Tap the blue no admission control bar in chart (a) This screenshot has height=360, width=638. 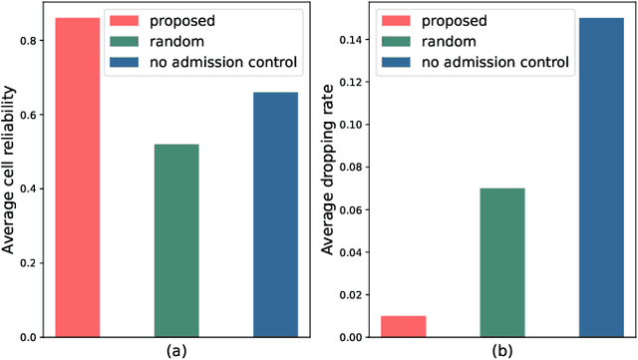[x=275, y=214]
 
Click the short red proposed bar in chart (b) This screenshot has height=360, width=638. [x=404, y=326]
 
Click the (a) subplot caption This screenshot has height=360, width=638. [x=176, y=350]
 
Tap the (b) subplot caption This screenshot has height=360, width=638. [x=502, y=350]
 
